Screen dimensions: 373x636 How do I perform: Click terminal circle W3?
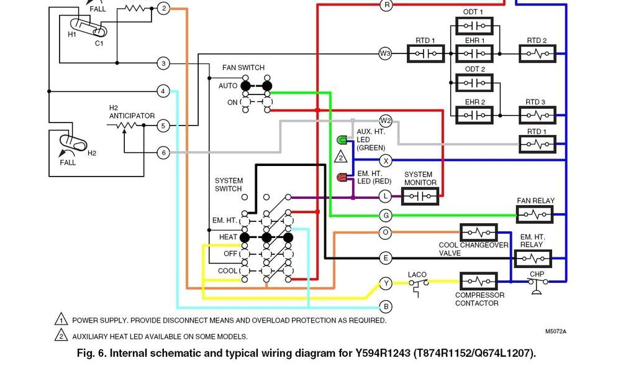386,53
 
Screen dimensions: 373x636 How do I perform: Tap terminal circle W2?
386,121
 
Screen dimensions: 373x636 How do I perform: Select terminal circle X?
386,160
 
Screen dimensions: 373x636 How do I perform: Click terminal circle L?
386,196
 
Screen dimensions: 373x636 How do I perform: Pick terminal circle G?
386,216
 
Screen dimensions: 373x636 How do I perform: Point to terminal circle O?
386,233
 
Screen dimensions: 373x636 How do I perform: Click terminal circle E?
386,257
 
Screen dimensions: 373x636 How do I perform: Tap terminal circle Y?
386,283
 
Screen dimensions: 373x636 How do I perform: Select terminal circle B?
386,306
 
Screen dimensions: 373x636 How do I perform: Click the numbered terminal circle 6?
163,152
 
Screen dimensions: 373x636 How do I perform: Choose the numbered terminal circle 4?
163,91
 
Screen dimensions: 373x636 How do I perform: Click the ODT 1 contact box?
475,26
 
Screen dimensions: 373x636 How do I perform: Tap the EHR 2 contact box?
475,115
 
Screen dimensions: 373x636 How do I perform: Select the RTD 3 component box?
537,115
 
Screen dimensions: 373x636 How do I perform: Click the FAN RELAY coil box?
535,215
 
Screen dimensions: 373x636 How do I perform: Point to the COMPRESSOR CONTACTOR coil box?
478,282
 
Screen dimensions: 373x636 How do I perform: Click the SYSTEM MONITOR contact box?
420,196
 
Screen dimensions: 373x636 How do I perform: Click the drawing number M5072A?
555,331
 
